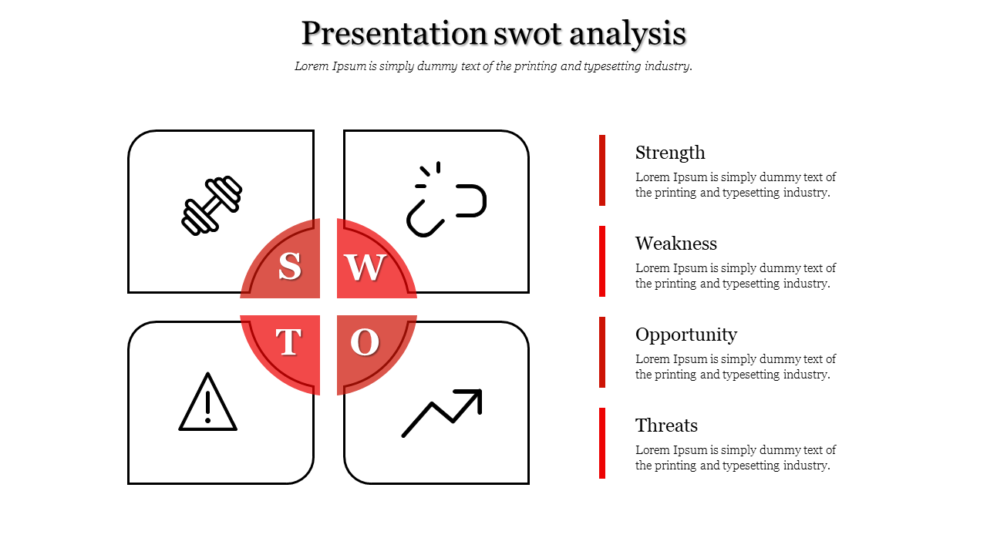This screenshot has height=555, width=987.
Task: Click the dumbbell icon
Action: [x=212, y=206]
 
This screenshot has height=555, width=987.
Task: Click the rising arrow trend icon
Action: [x=442, y=412]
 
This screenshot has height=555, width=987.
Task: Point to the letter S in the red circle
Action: [x=289, y=267]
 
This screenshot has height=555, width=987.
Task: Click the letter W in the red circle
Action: [x=365, y=267]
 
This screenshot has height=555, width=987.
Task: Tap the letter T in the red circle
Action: [x=288, y=341]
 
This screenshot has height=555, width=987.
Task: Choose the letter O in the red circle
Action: [x=365, y=342]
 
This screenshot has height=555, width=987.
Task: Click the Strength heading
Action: [x=670, y=153]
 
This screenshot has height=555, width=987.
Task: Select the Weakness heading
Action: [x=676, y=244]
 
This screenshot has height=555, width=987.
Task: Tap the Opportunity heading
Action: [x=686, y=335]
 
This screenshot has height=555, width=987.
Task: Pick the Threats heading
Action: [x=666, y=425]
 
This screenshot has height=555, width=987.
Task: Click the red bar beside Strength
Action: [x=602, y=170]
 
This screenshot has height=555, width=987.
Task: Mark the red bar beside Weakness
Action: [x=602, y=261]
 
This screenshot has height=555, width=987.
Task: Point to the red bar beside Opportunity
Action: [x=602, y=352]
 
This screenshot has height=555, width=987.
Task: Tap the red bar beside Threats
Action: [x=602, y=443]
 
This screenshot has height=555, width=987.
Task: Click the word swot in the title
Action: [x=527, y=34]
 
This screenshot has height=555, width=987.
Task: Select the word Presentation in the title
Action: [x=394, y=33]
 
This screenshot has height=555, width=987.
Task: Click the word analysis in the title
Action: [x=628, y=35]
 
